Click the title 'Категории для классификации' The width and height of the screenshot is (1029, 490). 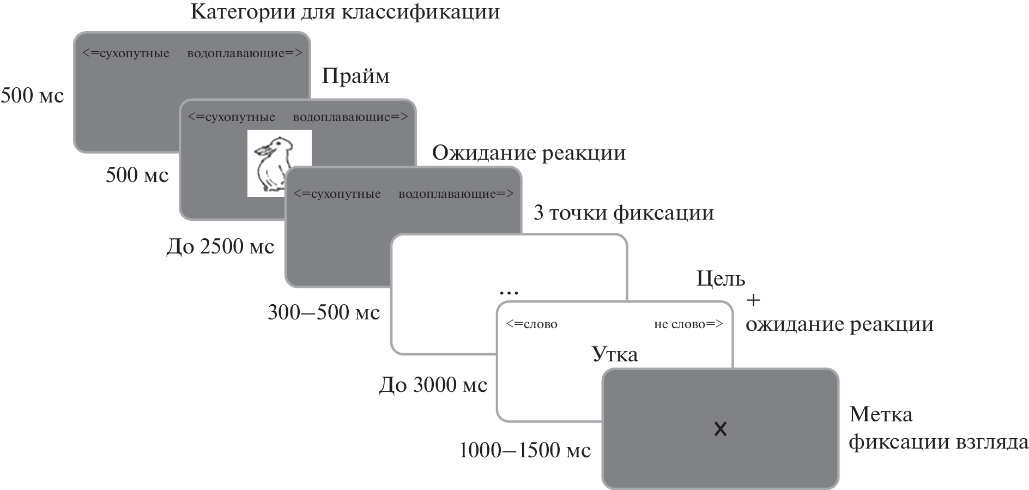(x=345, y=12)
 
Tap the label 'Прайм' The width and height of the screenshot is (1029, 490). (x=356, y=76)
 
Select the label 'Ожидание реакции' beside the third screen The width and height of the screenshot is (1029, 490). (x=529, y=153)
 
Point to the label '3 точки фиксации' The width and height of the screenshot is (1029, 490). (x=624, y=213)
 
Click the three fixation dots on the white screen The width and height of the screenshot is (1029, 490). (x=509, y=293)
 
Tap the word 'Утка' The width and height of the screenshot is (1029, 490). (x=615, y=354)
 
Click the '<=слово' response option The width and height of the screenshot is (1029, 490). (x=531, y=324)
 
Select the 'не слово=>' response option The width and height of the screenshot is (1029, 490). (x=688, y=324)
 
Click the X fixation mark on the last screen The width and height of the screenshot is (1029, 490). (x=720, y=429)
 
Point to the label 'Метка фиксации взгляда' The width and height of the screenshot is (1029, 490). (x=937, y=428)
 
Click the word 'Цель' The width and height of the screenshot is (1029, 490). (x=721, y=279)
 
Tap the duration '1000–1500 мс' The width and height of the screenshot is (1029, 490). (x=525, y=451)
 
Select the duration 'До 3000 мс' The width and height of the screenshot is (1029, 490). (x=433, y=385)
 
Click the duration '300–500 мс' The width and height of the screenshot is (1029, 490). (x=324, y=312)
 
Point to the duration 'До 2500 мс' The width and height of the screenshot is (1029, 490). (x=220, y=247)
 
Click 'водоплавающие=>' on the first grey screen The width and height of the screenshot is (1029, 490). (x=244, y=53)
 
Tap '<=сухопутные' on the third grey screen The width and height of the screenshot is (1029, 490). (x=337, y=193)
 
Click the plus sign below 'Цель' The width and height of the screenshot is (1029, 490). (x=753, y=300)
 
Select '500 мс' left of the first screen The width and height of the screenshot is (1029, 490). (x=33, y=96)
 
